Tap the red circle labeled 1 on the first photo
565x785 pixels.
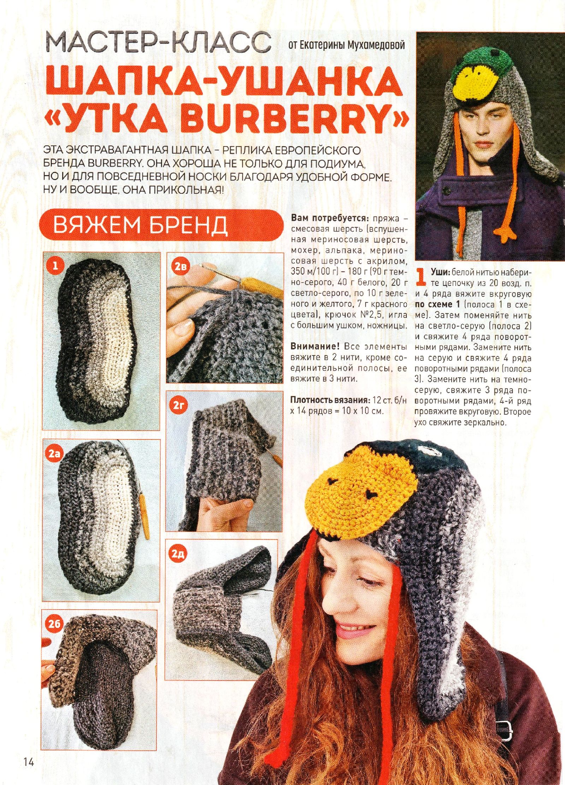pyautogui.click(x=55, y=265)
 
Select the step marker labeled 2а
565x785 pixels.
pyautogui.click(x=54, y=454)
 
